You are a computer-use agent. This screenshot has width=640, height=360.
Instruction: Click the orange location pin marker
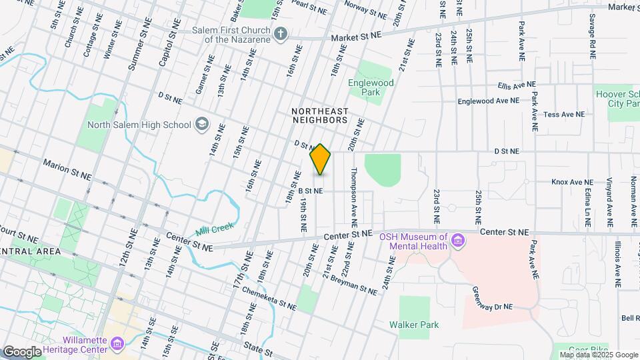(320, 159)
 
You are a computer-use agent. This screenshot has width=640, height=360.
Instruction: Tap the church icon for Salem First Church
(281, 34)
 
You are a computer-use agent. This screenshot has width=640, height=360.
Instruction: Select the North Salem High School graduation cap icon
(201, 124)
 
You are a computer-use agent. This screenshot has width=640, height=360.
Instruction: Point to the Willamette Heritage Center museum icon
(117, 343)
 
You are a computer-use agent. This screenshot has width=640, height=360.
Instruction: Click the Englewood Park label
(371, 88)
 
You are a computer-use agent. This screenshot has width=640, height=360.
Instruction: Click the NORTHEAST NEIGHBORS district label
(320, 115)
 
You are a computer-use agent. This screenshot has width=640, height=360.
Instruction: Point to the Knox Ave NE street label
(572, 182)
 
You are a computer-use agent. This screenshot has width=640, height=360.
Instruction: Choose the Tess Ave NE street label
(563, 115)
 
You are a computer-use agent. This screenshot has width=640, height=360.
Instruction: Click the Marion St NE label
(67, 169)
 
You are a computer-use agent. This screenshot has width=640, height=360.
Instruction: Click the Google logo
(22, 351)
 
